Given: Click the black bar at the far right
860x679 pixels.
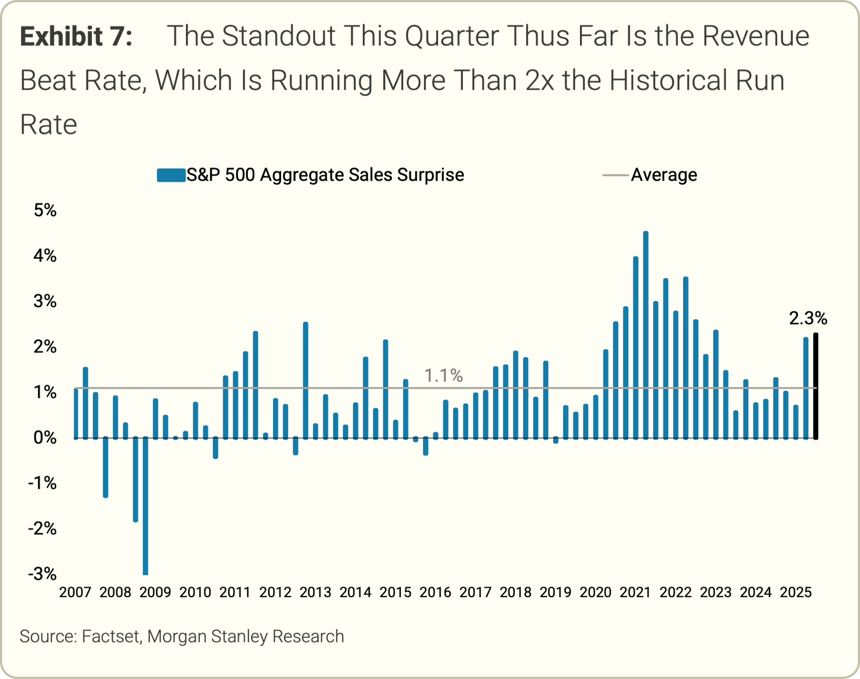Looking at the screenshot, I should pyautogui.click(x=816, y=386).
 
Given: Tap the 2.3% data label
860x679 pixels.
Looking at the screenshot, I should pyautogui.click(x=808, y=319).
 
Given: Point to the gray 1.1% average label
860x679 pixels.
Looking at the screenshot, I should pyautogui.click(x=443, y=376).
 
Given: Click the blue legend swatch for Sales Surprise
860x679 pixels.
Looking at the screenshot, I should pyautogui.click(x=171, y=175).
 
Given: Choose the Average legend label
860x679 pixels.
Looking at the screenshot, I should pyautogui.click(x=664, y=175).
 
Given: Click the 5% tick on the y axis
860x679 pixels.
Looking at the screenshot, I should pyautogui.click(x=45, y=210).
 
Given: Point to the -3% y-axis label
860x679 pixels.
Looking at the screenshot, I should pyautogui.click(x=42, y=574).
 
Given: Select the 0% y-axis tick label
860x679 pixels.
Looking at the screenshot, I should pyautogui.click(x=45, y=437).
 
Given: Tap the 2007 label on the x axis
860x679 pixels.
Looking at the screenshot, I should pyautogui.click(x=75, y=592).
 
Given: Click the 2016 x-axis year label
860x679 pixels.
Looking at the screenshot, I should pyautogui.click(x=435, y=592).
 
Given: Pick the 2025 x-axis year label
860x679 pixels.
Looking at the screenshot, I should pyautogui.click(x=795, y=592).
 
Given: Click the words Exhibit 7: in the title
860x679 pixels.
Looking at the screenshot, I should pyautogui.click(x=76, y=37).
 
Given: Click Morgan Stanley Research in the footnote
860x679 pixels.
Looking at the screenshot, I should pyautogui.click(x=246, y=636).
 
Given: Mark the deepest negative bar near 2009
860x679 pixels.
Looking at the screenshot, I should pyautogui.click(x=145, y=506).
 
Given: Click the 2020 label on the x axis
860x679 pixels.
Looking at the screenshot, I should pyautogui.click(x=596, y=592).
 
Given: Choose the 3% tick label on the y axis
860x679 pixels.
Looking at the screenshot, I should pyautogui.click(x=45, y=301).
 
